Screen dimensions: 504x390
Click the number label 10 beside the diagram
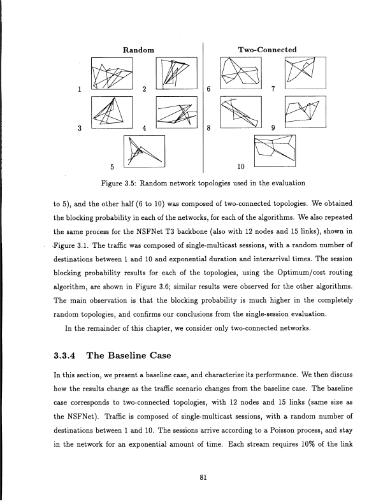coord(240,168)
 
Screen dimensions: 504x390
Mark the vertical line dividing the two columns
coord(202,108)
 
